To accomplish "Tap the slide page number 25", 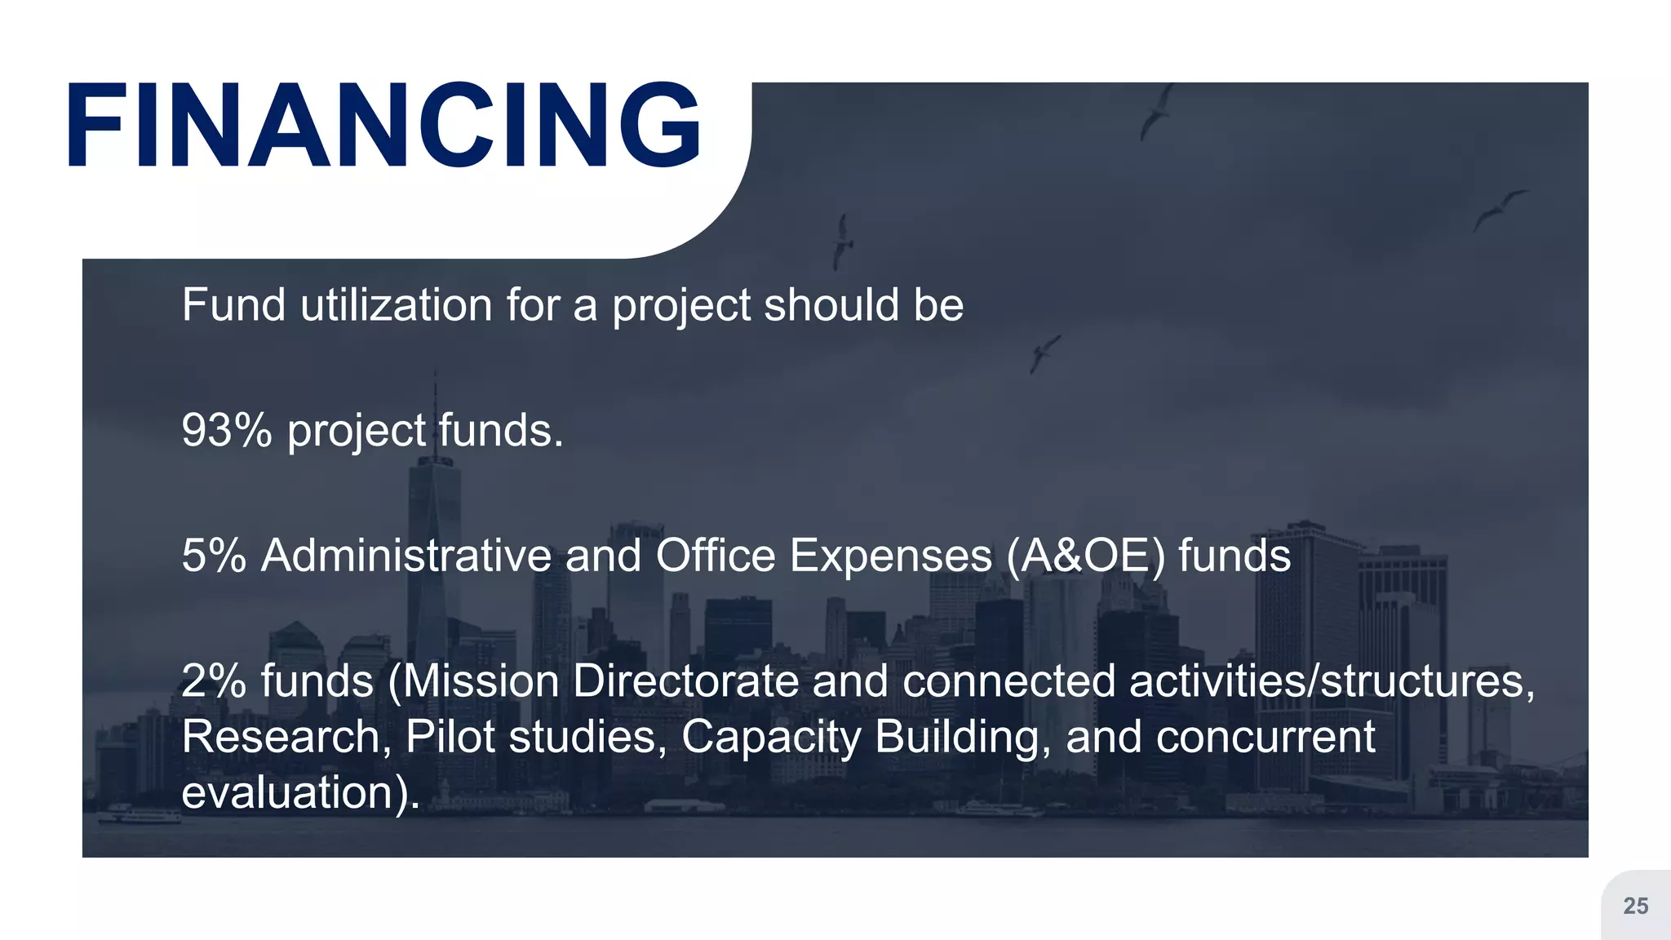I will click(1635, 906).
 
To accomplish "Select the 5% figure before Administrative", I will click(214, 556).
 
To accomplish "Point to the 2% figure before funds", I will click(214, 681).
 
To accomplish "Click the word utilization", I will click(396, 305).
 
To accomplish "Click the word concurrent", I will click(1265, 737).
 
